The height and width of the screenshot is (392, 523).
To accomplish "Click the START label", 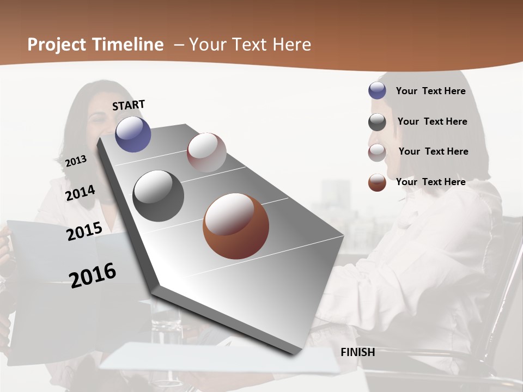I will point(129,105).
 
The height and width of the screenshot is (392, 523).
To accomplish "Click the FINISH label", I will point(357,352).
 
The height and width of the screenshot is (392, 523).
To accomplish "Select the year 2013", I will point(76,161).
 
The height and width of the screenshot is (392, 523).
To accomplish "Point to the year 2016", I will point(93,275).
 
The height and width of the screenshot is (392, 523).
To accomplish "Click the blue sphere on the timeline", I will point(133,134).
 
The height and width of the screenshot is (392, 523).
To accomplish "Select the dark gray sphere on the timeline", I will point(158,196).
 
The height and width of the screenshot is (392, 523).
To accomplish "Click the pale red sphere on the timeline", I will point(206,152).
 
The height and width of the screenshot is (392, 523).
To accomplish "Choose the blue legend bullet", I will point(377,91).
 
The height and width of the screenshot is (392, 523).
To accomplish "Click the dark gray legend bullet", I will point(377,122).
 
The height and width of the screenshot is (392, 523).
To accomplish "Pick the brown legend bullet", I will point(377,182).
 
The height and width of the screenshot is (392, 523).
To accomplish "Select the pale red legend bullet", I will point(377,152).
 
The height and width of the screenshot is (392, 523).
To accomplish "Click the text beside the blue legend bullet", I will point(430,91).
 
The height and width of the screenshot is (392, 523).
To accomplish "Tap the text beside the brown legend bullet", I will point(430,182).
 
